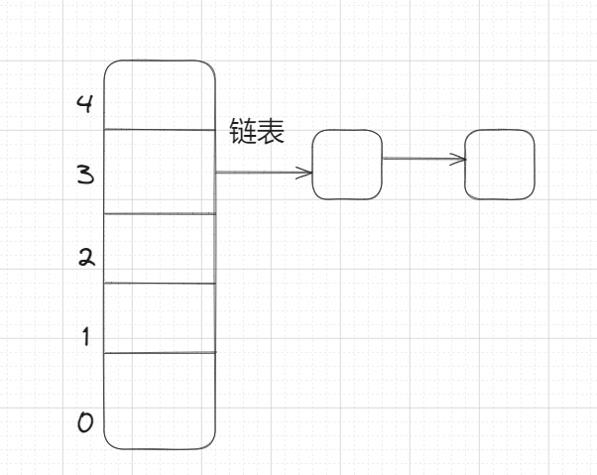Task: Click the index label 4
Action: click(85, 102)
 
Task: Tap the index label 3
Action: click(85, 177)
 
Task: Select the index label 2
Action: click(85, 258)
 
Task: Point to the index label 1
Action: click(85, 337)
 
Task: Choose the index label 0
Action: click(85, 423)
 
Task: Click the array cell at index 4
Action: click(160, 95)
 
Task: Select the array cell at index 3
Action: click(160, 172)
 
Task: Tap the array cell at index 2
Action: click(160, 248)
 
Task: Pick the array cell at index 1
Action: click(160, 317)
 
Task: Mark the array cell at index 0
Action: click(160, 400)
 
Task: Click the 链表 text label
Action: click(257, 132)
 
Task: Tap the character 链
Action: click(243, 132)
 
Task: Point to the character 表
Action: click(271, 132)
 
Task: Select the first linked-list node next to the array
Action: click(347, 165)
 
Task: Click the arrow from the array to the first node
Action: click(263, 173)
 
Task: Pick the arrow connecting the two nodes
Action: click(423, 159)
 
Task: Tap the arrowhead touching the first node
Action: click(305, 173)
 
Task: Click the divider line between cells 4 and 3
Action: click(160, 130)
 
